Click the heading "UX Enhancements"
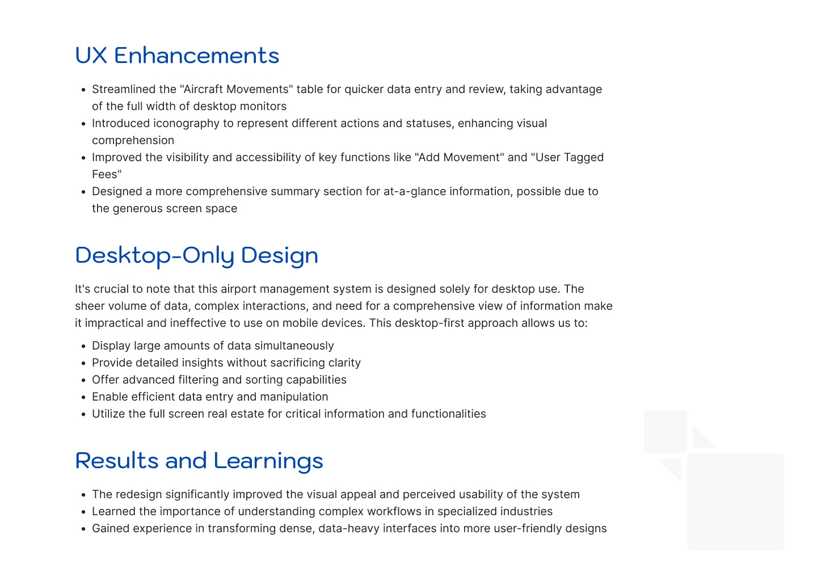[x=177, y=56]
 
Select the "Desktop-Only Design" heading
[x=196, y=256]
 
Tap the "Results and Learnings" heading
[x=199, y=461]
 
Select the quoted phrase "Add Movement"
[x=460, y=158]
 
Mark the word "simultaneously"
[x=294, y=346]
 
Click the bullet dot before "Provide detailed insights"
[x=83, y=363]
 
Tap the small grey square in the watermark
[x=666, y=431]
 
